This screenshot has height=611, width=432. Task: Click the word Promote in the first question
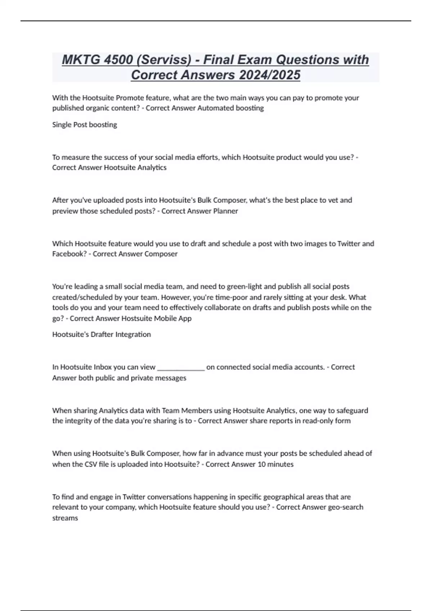[x=129, y=98]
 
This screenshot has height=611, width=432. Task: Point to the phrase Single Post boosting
[x=85, y=125]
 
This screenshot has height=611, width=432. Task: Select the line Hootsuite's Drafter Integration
[x=102, y=335]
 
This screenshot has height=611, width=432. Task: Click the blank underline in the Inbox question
[x=181, y=367]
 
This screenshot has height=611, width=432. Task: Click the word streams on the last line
[x=65, y=518]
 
